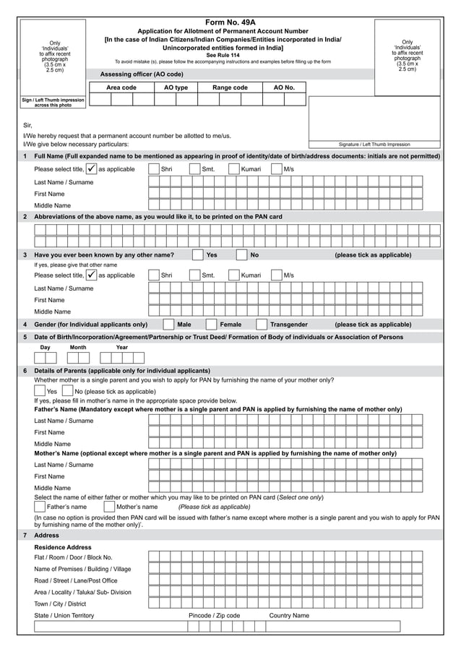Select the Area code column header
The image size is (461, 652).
[x=121, y=87]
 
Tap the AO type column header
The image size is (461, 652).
[x=176, y=87]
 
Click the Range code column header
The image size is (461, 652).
[x=230, y=87]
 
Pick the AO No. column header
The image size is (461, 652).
[x=284, y=87]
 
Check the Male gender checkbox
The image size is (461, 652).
[x=168, y=325]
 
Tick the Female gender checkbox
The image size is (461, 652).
[x=211, y=325]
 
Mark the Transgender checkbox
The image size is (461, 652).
[x=262, y=325]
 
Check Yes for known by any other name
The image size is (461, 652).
[x=198, y=255]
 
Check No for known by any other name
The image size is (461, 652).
[x=241, y=255]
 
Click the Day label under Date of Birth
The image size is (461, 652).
[x=45, y=348]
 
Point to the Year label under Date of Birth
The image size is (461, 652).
[x=122, y=348]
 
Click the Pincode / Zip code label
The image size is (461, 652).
[x=214, y=615]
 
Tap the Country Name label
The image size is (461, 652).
[x=289, y=615]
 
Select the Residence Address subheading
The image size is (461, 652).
[x=64, y=547]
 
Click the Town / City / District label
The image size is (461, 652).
[x=60, y=604]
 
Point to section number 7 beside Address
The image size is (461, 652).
[x=25, y=536]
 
